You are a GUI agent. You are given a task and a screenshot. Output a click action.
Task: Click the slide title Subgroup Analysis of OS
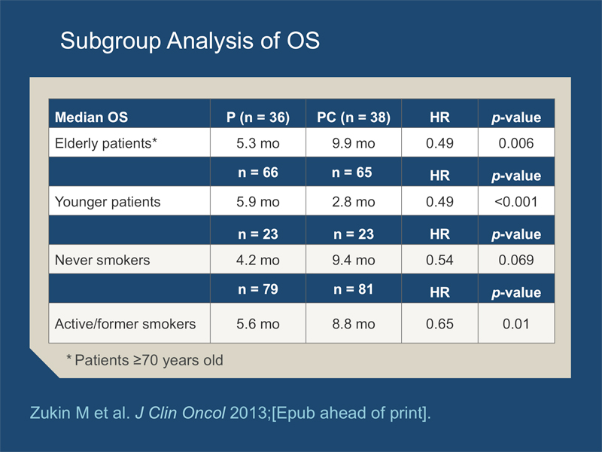pyautogui.click(x=190, y=41)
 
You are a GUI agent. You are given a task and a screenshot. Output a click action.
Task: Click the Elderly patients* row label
pyautogui.click(x=106, y=143)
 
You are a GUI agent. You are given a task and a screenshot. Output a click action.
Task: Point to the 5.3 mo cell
pyautogui.click(x=258, y=143)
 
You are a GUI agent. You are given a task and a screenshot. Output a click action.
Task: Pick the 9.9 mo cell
pyautogui.click(x=354, y=143)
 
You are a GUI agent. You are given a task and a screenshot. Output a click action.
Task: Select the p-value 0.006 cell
pyautogui.click(x=516, y=143)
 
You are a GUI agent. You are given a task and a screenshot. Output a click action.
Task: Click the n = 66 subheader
pyautogui.click(x=258, y=173)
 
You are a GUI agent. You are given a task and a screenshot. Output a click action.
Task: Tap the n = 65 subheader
pyautogui.click(x=352, y=173)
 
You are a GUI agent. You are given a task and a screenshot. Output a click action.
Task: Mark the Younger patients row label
pyautogui.click(x=108, y=202)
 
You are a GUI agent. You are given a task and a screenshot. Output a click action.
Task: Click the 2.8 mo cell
pyautogui.click(x=354, y=202)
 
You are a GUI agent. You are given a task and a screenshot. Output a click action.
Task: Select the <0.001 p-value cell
pyautogui.click(x=516, y=202)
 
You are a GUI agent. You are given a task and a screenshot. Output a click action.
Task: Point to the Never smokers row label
pyautogui.click(x=102, y=260)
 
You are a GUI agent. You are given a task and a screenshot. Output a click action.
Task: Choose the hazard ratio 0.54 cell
pyautogui.click(x=439, y=260)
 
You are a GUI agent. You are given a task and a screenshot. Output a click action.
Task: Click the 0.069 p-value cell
pyautogui.click(x=516, y=260)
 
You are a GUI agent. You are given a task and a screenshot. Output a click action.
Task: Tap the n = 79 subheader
pyautogui.click(x=258, y=289)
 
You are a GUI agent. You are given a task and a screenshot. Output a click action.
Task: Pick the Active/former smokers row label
pyautogui.click(x=125, y=324)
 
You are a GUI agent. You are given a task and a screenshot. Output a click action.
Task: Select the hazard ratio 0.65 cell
pyautogui.click(x=439, y=324)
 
